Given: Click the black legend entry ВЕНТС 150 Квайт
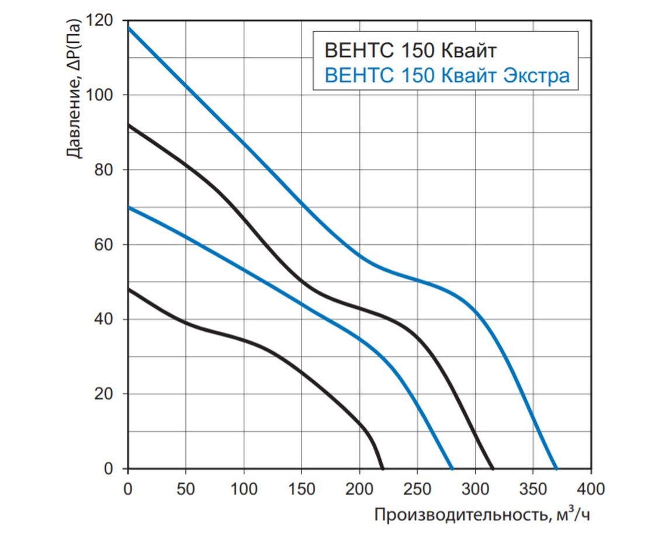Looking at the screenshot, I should (410, 51).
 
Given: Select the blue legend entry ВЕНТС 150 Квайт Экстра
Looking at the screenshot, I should (446, 76).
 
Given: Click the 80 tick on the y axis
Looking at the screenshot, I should (107, 170).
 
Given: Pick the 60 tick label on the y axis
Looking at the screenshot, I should (107, 245).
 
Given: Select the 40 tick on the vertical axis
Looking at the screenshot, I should (107, 320).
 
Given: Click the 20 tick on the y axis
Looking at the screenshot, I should (107, 394).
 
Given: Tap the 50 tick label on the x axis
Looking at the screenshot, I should (185, 488).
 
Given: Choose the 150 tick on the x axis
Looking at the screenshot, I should (302, 488).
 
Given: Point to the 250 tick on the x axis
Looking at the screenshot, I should (417, 488).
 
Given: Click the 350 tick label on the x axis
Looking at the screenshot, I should (533, 488).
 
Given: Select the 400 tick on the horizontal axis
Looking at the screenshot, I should (591, 488).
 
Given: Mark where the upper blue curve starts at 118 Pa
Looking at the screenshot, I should (129, 27).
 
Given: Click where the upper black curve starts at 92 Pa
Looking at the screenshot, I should (129, 124).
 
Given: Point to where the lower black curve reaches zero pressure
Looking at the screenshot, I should (382, 469).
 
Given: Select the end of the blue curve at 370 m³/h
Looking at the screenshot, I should (556, 469).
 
